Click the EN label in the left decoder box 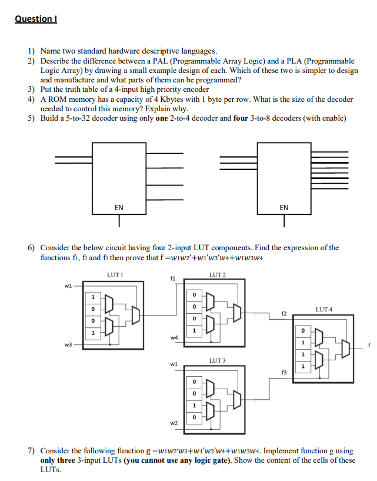point(119,207)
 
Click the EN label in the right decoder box point(283,207)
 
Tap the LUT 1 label point(114,275)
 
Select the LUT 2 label point(217,275)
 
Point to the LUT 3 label point(217,360)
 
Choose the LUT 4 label point(325,308)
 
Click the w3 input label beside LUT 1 point(68,345)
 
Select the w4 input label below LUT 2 point(173,337)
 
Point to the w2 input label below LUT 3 point(173,422)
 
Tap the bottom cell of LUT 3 point(194,417)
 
